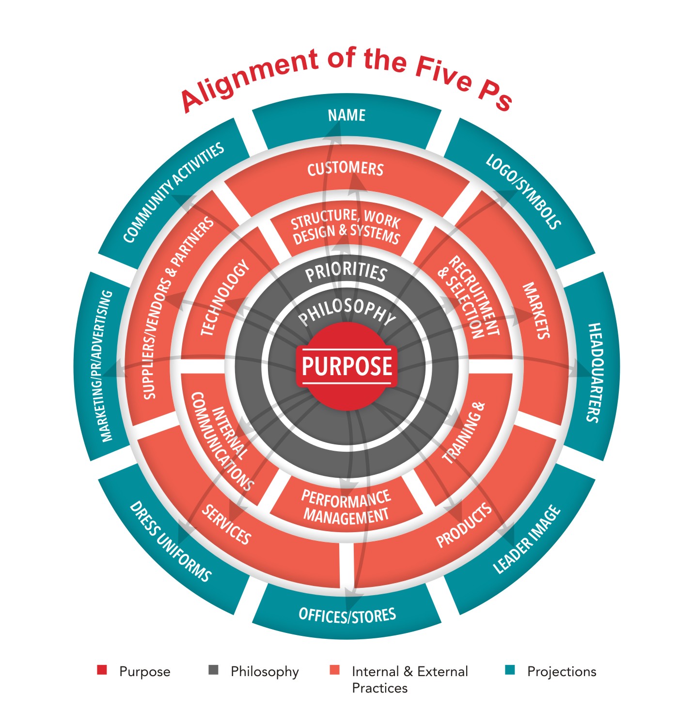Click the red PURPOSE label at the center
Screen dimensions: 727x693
pos(346,366)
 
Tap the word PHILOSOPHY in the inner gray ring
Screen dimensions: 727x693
pos(347,313)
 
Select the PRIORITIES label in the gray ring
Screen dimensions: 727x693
pos(346,273)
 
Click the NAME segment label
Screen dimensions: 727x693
pos(346,115)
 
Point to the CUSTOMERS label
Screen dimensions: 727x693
pos(346,169)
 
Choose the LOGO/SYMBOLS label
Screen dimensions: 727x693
pos(523,192)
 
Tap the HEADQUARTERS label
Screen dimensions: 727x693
pos(594,372)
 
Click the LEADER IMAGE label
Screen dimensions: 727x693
pos(527,539)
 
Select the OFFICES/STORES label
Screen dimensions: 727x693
pos(347,615)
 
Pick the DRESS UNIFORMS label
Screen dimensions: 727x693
pos(170,541)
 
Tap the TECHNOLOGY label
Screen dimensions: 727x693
pos(225,298)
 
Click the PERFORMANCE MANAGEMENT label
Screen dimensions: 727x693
pos(346,506)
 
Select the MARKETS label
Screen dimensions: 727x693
pos(536,311)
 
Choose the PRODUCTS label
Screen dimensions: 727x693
pos(464,525)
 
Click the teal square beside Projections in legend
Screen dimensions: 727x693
pos(509,670)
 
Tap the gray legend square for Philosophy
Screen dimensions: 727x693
pos(213,670)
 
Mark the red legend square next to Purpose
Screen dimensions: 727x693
pos(102,670)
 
